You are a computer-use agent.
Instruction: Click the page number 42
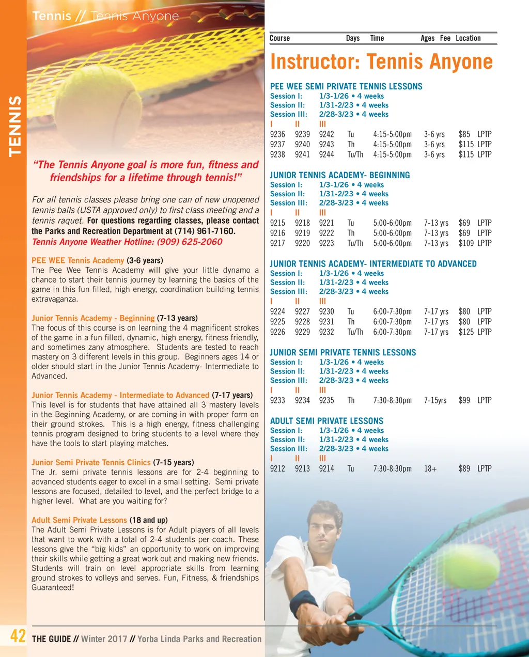point(18,636)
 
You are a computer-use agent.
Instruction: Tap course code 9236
point(277,134)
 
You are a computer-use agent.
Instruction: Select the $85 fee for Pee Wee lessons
point(464,134)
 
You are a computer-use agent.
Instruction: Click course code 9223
point(326,243)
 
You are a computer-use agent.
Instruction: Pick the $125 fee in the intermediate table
point(466,332)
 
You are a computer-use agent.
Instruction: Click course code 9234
point(302,400)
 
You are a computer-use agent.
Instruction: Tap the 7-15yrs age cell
point(435,400)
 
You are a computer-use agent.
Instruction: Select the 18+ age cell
point(430,468)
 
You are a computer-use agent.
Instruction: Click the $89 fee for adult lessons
point(464,468)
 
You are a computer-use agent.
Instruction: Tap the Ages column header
point(427,38)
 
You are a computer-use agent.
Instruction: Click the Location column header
point(468,38)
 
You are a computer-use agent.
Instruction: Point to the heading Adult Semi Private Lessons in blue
point(326,421)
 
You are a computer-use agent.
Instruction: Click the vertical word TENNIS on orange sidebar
point(14,126)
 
